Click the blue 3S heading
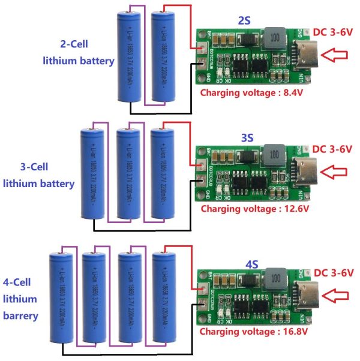coord(247,137)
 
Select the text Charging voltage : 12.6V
coord(254,209)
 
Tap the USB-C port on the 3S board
coord(301,172)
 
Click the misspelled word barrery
coord(20,315)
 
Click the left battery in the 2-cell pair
coord(128,57)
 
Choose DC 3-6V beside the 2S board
coord(332,31)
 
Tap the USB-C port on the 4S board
coord(302,294)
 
